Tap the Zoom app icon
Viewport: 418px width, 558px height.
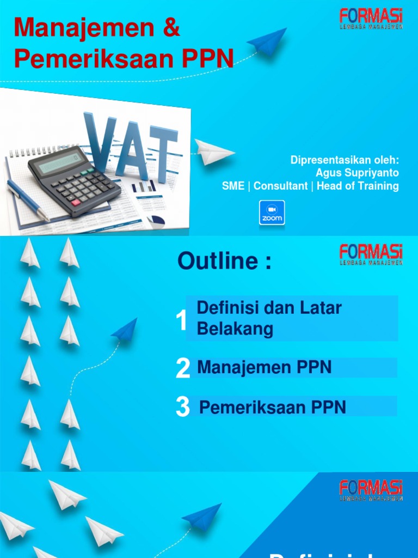click(x=272, y=213)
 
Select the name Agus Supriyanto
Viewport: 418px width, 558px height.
click(x=357, y=173)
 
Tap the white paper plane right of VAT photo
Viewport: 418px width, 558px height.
click(x=214, y=151)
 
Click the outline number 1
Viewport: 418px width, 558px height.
click(x=182, y=322)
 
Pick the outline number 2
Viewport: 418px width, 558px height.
click(x=183, y=369)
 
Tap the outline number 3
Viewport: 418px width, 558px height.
click(x=183, y=408)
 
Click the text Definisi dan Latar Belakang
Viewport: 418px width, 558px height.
click(x=269, y=318)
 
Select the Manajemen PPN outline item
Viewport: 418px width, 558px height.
click(x=265, y=367)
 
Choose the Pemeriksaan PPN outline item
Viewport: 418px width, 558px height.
click(x=273, y=407)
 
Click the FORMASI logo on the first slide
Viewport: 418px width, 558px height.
click(x=371, y=19)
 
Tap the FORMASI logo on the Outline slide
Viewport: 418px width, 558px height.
click(x=371, y=254)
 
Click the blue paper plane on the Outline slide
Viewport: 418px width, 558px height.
click(x=125, y=330)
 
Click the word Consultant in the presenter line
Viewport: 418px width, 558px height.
click(x=280, y=186)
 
